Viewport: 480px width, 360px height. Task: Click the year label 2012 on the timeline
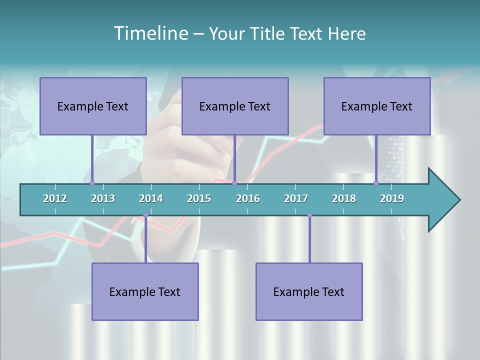tap(55, 198)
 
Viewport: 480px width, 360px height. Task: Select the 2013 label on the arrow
tap(103, 198)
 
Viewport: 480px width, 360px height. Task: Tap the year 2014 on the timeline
tap(151, 198)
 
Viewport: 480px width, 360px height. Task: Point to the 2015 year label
tap(199, 198)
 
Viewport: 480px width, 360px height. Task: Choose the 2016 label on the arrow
tap(248, 198)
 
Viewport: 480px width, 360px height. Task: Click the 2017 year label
tap(296, 198)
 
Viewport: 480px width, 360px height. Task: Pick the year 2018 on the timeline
tap(344, 198)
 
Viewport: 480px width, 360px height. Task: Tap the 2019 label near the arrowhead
tap(392, 198)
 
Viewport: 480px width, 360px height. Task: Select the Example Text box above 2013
tap(93, 106)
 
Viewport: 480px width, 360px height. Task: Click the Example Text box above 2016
tap(235, 106)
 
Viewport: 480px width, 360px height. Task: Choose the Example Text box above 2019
tap(377, 106)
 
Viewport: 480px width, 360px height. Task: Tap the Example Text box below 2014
tap(145, 291)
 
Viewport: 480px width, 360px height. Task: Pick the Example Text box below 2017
tap(309, 291)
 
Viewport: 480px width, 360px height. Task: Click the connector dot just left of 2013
tap(92, 183)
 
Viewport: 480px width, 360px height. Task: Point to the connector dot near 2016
tap(234, 183)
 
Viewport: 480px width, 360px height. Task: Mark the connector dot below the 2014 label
tap(145, 215)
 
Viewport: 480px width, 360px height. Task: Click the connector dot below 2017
tap(309, 215)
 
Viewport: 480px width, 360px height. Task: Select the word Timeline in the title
tap(150, 33)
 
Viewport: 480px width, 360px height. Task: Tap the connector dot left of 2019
tap(376, 183)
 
